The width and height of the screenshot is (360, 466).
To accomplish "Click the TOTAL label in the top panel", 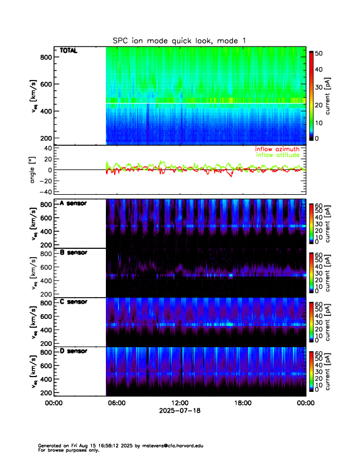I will [69, 51].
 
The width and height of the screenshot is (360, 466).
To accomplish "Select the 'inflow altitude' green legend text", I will [279, 155].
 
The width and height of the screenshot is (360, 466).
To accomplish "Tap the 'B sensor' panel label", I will [74, 252].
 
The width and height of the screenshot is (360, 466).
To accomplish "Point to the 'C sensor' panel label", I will [74, 302].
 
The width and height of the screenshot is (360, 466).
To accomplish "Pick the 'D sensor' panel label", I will [74, 351].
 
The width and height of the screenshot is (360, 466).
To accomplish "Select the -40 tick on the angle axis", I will [42, 192].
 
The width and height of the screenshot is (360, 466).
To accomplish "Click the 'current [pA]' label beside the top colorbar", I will [334, 97].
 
